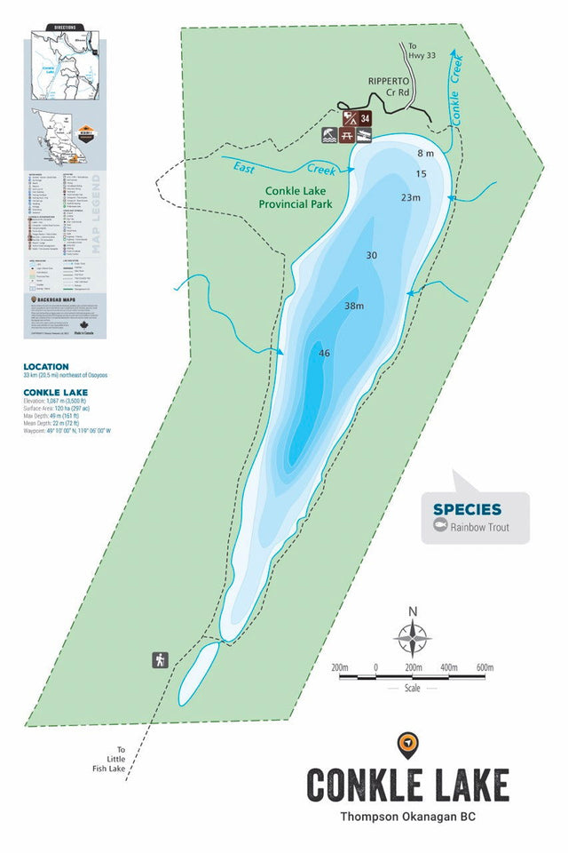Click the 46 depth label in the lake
[x=324, y=354]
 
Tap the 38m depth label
[x=355, y=306]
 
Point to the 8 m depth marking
[x=425, y=154]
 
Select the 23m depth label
[x=410, y=197]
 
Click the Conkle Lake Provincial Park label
[x=296, y=196]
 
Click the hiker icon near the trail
[x=160, y=659]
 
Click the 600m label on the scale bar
[x=484, y=667]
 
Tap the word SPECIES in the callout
[x=467, y=509]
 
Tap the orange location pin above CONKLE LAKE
[x=408, y=745]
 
